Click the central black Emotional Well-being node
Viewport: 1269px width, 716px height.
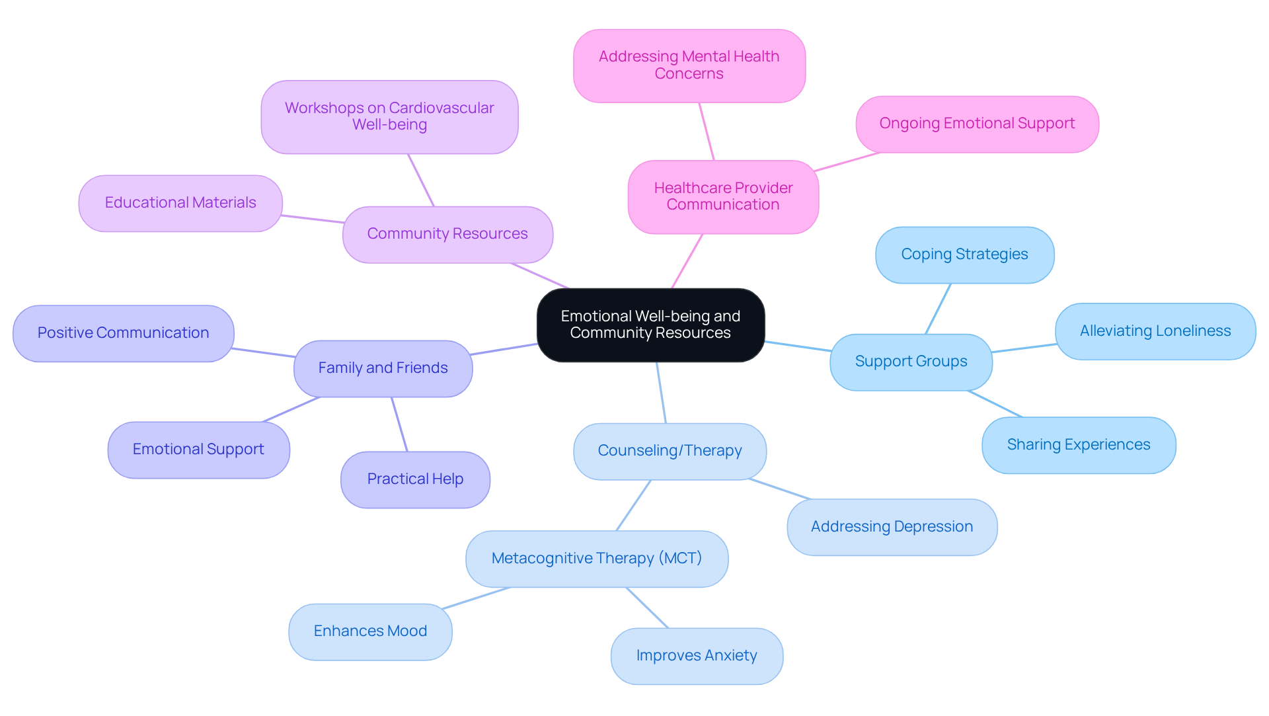(650, 325)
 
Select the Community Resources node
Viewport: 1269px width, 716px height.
(447, 234)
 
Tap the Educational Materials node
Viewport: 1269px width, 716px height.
(180, 203)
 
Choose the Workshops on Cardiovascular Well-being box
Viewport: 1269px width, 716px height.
(389, 117)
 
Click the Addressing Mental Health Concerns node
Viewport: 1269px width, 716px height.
(689, 65)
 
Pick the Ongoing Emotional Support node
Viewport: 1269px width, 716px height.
(977, 124)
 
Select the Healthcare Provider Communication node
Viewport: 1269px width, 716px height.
(723, 196)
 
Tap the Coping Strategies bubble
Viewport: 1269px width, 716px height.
(964, 255)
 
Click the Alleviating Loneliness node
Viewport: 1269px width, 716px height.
(1155, 331)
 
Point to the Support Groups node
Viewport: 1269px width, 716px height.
(911, 362)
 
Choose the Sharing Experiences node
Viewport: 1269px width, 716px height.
(1078, 445)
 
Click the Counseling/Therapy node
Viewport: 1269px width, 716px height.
(670, 451)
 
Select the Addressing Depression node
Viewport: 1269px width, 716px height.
(892, 527)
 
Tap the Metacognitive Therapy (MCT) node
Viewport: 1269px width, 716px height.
(596, 559)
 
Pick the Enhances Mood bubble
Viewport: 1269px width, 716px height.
(370, 631)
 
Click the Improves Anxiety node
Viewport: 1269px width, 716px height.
(697, 656)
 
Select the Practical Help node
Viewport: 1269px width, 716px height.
(415, 479)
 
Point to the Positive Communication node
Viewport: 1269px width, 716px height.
(123, 333)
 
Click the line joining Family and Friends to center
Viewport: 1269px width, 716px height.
(504, 349)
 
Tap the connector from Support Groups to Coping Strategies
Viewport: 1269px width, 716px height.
(938, 309)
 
